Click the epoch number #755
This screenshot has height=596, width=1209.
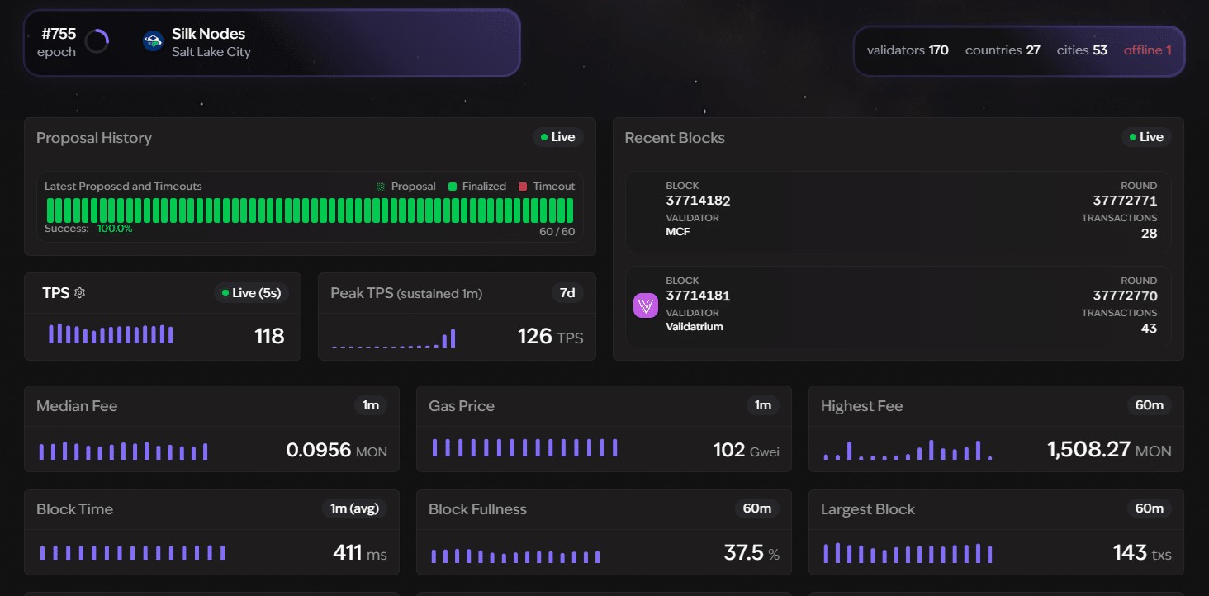(59, 34)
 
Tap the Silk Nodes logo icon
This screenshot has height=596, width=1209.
(153, 41)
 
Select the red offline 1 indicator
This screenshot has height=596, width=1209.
(1147, 50)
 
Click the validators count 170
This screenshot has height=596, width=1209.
(939, 50)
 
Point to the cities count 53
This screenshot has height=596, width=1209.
(1100, 50)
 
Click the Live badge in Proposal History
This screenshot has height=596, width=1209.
(558, 137)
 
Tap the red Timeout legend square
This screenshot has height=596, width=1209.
(523, 187)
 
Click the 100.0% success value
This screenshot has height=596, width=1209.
(115, 229)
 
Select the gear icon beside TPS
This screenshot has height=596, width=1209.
(80, 293)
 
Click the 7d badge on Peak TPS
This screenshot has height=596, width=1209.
(567, 293)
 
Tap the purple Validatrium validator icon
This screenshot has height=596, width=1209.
(646, 305)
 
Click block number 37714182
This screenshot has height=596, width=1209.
(698, 201)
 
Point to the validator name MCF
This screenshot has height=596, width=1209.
(678, 232)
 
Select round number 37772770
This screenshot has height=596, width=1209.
(1126, 296)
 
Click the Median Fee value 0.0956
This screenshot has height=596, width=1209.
(319, 450)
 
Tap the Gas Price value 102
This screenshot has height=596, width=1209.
(729, 450)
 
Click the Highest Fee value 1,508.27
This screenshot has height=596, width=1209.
(1088, 449)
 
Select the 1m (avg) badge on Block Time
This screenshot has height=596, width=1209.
(354, 508)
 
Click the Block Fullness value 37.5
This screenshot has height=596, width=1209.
(744, 552)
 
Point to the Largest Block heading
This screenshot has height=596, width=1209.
(868, 509)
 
